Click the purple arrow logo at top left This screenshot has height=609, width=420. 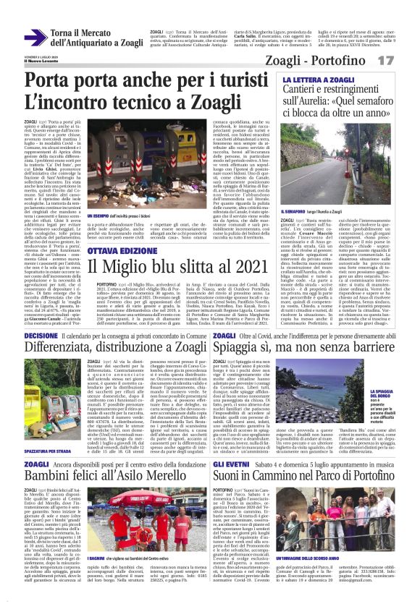tap(35, 38)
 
